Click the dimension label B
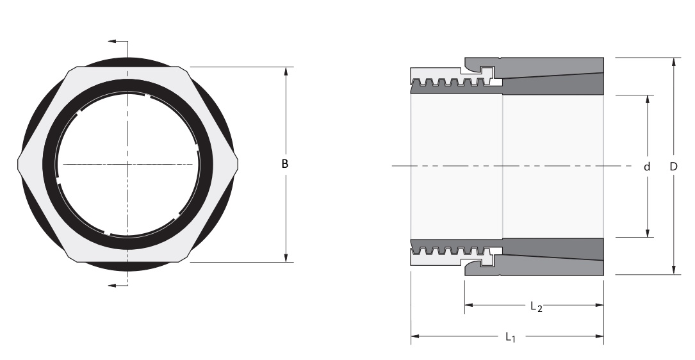click(x=285, y=164)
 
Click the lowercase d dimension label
click(x=647, y=167)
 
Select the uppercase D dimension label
click(x=673, y=167)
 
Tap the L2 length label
click(x=536, y=306)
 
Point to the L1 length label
click(x=511, y=338)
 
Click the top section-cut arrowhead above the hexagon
click(x=112, y=42)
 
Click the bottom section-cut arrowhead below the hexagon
click(x=112, y=286)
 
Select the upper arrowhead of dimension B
click(x=286, y=71)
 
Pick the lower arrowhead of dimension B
click(x=286, y=258)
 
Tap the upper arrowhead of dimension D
click(x=674, y=62)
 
